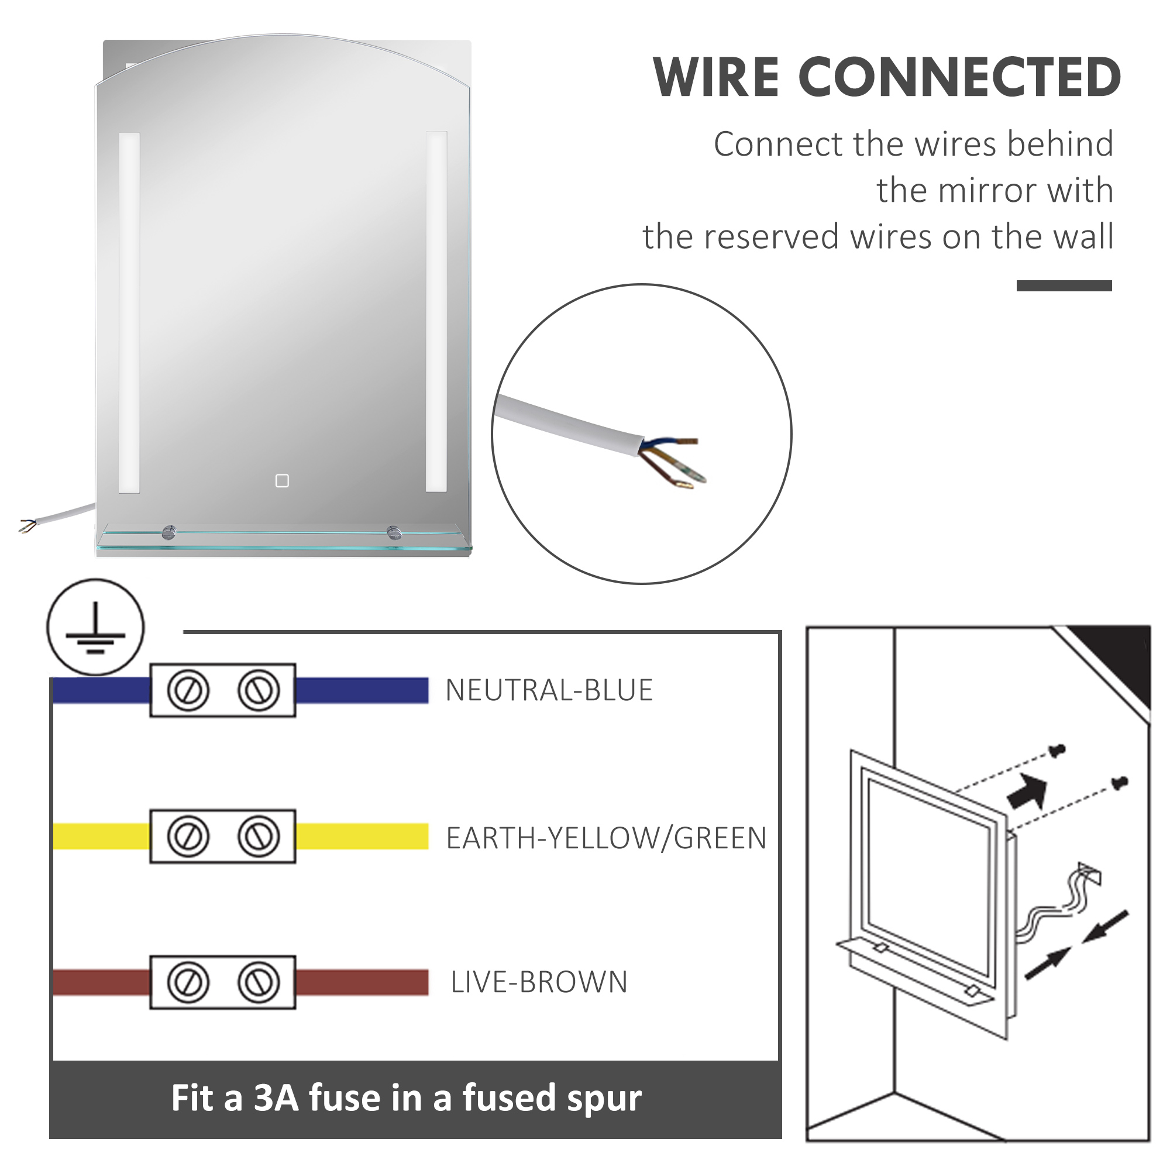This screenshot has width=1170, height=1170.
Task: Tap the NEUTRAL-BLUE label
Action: pyautogui.click(x=549, y=690)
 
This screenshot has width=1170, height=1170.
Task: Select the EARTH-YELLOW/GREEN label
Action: pyautogui.click(x=606, y=838)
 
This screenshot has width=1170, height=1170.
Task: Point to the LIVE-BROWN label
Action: pyautogui.click(x=539, y=982)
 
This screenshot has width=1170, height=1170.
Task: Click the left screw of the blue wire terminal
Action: pyautogui.click(x=188, y=690)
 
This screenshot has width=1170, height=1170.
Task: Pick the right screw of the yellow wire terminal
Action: pyautogui.click(x=259, y=837)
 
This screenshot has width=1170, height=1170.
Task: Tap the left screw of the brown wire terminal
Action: pyautogui.click(x=188, y=982)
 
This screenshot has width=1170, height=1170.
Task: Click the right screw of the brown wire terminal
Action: pyautogui.click(x=259, y=982)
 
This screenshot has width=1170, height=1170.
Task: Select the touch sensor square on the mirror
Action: pyautogui.click(x=282, y=481)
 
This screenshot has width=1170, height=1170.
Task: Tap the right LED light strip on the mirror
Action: pyautogui.click(x=436, y=312)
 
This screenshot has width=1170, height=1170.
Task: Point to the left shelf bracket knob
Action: pyautogui.click(x=169, y=533)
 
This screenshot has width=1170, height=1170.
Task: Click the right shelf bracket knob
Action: pyautogui.click(x=394, y=533)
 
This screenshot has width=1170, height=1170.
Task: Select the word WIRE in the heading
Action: pyautogui.click(x=716, y=78)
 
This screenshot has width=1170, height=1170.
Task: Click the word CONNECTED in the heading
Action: pyautogui.click(x=960, y=78)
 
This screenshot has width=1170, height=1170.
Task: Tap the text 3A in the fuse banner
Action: pyautogui.click(x=276, y=1098)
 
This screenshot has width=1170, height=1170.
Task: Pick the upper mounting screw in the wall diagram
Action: pyautogui.click(x=1057, y=751)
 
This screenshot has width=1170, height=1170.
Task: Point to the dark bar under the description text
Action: pyautogui.click(x=1064, y=286)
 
